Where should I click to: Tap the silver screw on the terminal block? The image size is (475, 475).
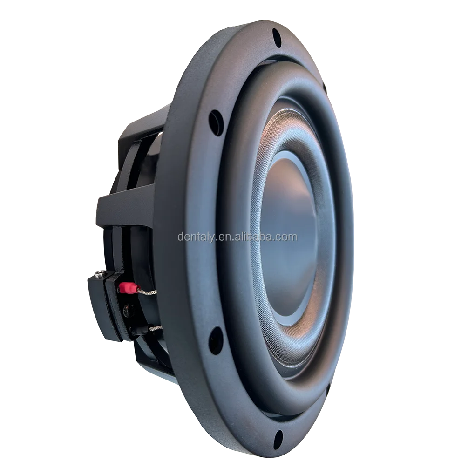(98, 274)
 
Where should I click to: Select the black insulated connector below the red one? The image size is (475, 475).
(135, 330)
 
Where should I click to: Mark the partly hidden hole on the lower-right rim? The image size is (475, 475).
(328, 388)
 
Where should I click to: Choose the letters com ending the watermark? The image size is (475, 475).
(288, 237)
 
